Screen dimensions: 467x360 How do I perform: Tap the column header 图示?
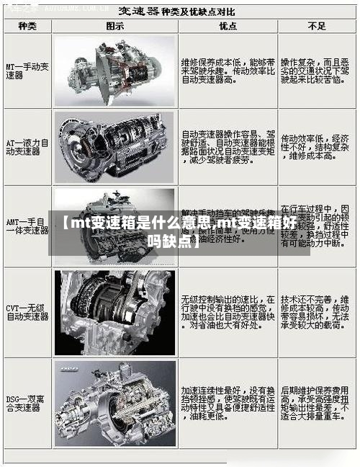pyautogui.click(x=115, y=26)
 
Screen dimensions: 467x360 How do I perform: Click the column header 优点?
pyautogui.click(x=228, y=26)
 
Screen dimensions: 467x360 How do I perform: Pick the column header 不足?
pyautogui.click(x=316, y=26)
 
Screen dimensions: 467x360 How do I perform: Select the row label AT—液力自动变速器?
pyautogui.click(x=27, y=147)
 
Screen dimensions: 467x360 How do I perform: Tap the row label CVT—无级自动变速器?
pyautogui.click(x=27, y=311)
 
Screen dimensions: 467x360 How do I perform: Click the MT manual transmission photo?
pyautogui.click(x=115, y=71)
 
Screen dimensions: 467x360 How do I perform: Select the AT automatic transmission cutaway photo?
pyautogui.click(x=115, y=146)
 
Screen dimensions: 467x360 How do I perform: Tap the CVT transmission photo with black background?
pyautogui.click(x=115, y=312)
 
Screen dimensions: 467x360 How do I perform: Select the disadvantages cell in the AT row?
pyautogui.click(x=316, y=148)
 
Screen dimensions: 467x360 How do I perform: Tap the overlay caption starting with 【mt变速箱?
pyautogui.click(x=179, y=231)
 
